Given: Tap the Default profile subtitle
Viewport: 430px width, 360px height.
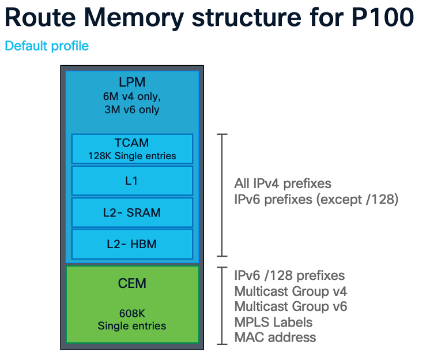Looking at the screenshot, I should [47, 46].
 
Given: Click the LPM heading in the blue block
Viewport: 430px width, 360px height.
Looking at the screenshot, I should [132, 82].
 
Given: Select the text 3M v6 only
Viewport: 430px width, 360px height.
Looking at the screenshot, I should [132, 110].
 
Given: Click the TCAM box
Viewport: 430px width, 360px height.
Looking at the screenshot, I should [132, 149].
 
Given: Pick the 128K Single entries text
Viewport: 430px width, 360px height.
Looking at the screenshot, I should [132, 156].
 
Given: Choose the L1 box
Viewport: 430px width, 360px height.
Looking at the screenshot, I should [132, 181].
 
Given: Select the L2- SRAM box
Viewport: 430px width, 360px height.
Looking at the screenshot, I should [132, 212].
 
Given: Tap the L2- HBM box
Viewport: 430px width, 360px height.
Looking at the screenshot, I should [132, 244].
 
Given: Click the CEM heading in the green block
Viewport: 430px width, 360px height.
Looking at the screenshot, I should [132, 283].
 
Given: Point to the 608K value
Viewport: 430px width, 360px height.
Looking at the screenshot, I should [132, 314].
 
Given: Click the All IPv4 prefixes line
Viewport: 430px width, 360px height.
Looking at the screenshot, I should [282, 184].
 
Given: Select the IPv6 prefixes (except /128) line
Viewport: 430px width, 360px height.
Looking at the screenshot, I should [316, 200].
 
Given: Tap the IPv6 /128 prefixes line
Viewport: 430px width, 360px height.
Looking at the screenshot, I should [289, 275].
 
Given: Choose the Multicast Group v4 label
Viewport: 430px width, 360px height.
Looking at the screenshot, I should [291, 291].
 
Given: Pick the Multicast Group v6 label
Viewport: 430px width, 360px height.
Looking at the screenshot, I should [291, 306].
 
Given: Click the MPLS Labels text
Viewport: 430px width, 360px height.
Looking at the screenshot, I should [273, 322].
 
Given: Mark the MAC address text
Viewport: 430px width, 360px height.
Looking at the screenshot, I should [275, 337].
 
